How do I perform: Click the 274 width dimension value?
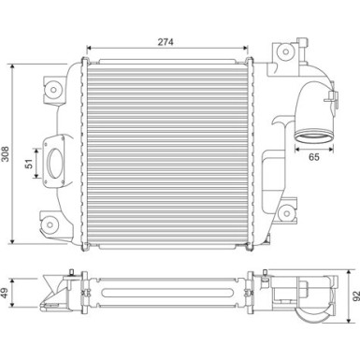(x=166, y=42)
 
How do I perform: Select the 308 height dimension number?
(x=6, y=154)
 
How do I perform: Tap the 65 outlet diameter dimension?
(x=314, y=157)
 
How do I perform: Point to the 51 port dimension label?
(x=29, y=164)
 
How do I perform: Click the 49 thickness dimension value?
(x=6, y=293)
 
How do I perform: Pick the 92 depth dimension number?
(x=355, y=295)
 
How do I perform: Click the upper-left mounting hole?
(x=53, y=90)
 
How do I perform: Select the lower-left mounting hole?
(x=50, y=224)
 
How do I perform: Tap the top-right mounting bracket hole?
(x=285, y=51)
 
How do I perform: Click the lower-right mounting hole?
(x=286, y=213)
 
